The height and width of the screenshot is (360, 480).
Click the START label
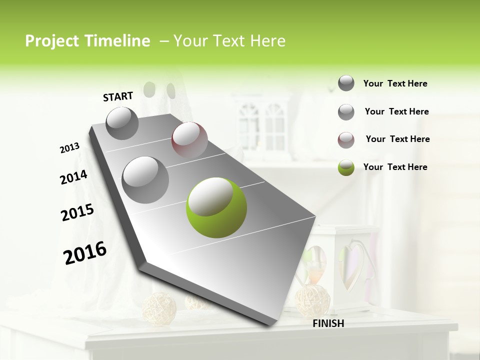118,96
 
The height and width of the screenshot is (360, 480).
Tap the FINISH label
328,323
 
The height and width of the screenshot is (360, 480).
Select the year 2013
70,148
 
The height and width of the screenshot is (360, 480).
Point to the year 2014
73,177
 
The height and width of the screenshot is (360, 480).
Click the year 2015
77,212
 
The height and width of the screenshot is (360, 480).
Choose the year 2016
85,253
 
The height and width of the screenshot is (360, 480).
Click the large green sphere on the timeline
216,207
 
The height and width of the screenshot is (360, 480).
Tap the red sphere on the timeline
189,140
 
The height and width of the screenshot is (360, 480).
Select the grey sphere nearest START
122,123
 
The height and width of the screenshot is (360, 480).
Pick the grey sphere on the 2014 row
145,179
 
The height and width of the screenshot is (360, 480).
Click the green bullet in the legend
346,167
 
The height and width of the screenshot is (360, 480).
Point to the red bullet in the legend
346,139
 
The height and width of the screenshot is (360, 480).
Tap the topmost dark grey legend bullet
346,83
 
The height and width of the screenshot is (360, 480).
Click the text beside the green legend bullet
395,167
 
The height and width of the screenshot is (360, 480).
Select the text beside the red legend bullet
397,139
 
